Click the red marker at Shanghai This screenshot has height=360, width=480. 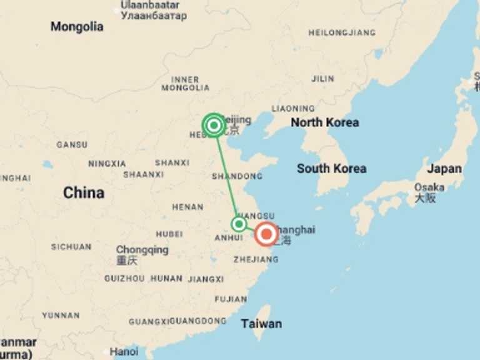[x=267, y=234]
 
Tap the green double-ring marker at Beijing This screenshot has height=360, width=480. [x=214, y=126]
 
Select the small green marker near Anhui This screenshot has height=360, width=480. [x=239, y=224]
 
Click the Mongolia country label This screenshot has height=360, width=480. [x=77, y=27]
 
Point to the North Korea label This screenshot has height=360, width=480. [x=325, y=122]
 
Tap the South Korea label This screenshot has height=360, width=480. [x=331, y=168]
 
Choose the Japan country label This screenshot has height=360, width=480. [x=444, y=168]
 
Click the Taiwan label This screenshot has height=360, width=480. [x=261, y=324]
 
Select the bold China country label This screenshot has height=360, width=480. [x=84, y=193]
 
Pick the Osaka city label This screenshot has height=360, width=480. [x=429, y=187]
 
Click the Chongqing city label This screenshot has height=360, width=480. [x=142, y=250]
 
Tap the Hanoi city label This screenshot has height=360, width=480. [x=124, y=352]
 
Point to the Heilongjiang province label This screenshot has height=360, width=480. [x=342, y=32]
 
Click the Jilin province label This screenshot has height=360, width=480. [x=322, y=79]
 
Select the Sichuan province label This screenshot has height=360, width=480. [x=71, y=247]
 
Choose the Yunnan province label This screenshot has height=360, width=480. [x=61, y=316]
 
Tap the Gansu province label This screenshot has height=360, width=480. [x=72, y=144]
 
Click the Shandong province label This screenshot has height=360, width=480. [x=237, y=176]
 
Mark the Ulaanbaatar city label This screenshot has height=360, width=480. [x=150, y=5]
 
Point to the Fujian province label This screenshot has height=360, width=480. [x=231, y=299]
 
